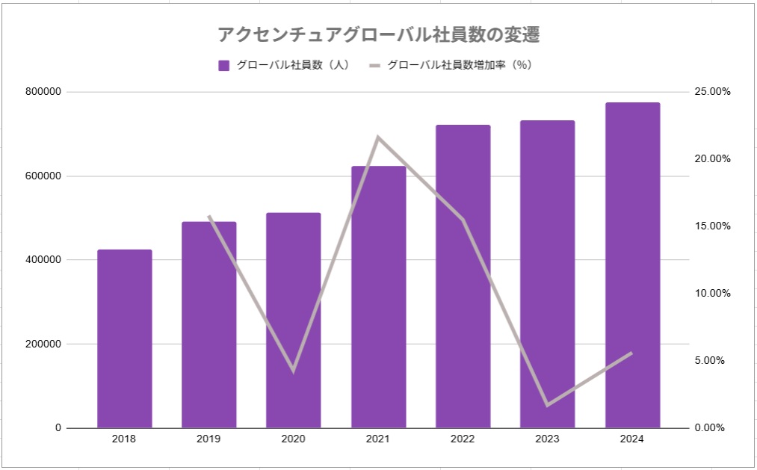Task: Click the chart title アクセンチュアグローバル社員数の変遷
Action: click(378, 34)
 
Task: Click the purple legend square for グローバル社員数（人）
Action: click(223, 65)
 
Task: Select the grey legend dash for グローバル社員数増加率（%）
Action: click(374, 65)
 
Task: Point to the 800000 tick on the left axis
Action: click(43, 92)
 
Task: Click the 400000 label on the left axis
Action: click(43, 260)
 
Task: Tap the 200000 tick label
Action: click(43, 344)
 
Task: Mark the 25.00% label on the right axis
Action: click(712, 92)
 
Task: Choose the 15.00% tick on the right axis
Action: click(712, 226)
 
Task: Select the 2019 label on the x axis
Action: click(208, 439)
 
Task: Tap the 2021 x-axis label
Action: click(378, 439)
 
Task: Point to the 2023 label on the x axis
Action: click(548, 439)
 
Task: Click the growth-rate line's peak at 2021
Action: click(378, 137)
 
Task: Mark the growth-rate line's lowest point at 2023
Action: click(548, 405)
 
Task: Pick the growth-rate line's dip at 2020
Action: click(294, 370)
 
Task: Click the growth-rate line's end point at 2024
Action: click(632, 353)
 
